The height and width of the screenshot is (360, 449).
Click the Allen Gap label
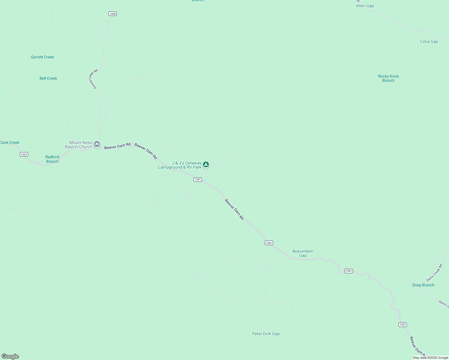(x=365, y=6)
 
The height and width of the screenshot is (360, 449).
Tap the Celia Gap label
(x=429, y=42)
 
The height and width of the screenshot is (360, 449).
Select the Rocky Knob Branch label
(x=388, y=78)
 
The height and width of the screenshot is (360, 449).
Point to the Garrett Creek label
(x=42, y=57)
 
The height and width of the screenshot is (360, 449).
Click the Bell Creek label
(x=48, y=78)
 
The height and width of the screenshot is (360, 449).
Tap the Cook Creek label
(x=10, y=142)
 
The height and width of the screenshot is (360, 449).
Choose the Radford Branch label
(x=52, y=159)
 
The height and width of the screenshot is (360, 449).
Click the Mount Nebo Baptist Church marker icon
(x=97, y=144)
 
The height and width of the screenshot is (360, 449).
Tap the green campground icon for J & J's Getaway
(x=206, y=164)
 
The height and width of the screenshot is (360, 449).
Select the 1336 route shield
(x=113, y=14)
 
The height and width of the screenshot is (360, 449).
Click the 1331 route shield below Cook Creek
(x=24, y=154)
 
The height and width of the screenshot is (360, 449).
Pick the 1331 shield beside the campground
(x=197, y=179)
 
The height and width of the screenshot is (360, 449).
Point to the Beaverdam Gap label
(x=303, y=253)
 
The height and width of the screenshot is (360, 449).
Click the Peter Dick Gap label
(x=266, y=334)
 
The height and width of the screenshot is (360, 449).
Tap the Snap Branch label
(x=423, y=285)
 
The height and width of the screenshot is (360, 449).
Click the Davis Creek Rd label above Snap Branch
(x=434, y=273)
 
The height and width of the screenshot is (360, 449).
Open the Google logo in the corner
(x=10, y=356)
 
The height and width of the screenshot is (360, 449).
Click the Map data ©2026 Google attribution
(x=430, y=358)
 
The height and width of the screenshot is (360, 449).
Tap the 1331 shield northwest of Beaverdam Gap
(x=269, y=243)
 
